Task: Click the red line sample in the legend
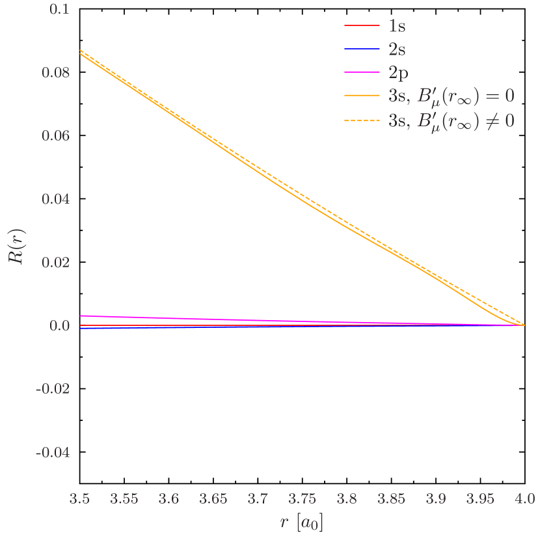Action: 362,26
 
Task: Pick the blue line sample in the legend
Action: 362,49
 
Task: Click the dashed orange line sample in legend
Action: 362,120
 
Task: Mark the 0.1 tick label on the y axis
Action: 61,10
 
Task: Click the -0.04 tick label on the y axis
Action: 53,452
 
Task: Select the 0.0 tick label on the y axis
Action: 60,325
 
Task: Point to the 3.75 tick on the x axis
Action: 303,499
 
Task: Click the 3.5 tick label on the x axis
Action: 79,499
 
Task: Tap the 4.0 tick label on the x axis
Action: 524,499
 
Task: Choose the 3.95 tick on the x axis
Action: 480,499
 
